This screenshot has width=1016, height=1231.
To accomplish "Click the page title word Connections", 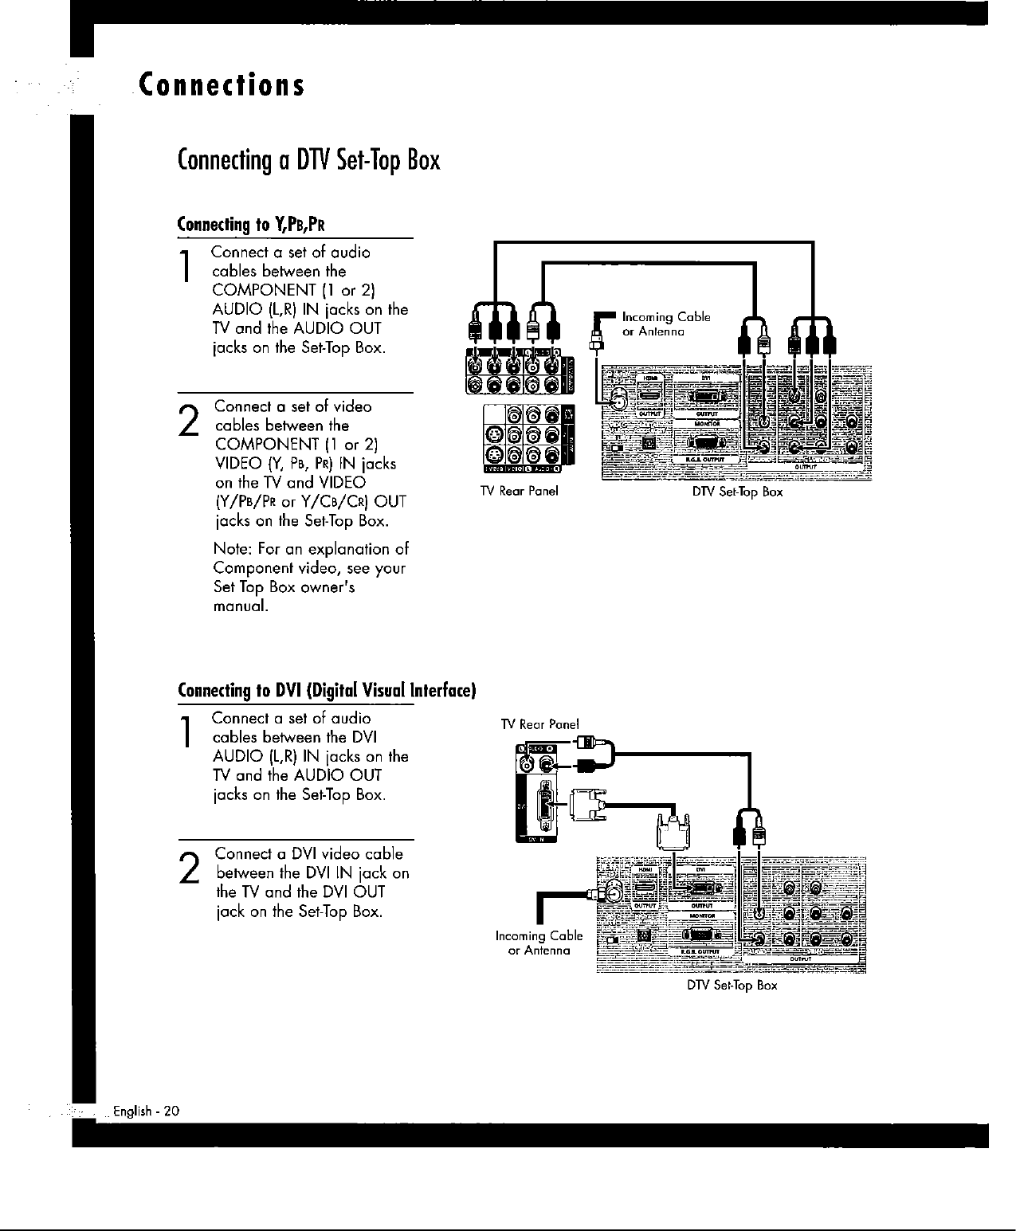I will point(221,84).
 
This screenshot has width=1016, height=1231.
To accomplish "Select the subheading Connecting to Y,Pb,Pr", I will point(251,222).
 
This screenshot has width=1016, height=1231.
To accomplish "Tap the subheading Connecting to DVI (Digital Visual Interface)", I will point(327,688).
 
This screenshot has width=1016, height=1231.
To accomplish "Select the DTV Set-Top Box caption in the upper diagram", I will point(737,492).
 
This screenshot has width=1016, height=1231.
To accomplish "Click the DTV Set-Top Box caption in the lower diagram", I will point(732,986).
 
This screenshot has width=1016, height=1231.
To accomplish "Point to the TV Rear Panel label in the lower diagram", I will point(539,724).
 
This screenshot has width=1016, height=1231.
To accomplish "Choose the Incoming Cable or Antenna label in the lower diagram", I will point(539,943).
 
